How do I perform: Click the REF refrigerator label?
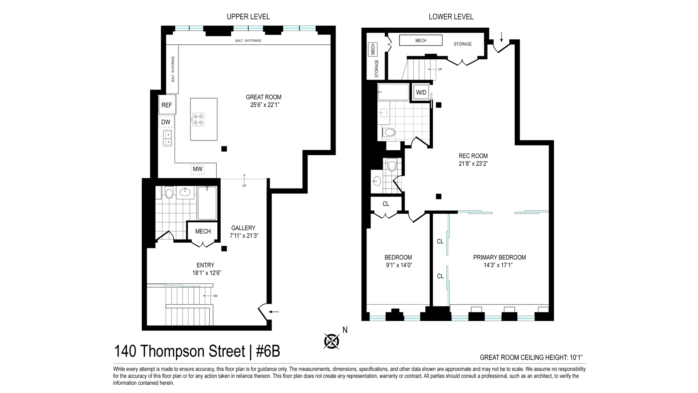(x=167, y=105)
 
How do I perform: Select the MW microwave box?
(x=197, y=169)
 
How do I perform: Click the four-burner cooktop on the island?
(x=198, y=120)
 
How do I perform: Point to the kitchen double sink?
(x=168, y=138)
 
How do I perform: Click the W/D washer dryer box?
(x=421, y=92)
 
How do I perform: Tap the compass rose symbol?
(x=332, y=341)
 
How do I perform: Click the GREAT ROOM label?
(x=264, y=97)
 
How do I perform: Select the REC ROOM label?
(x=473, y=156)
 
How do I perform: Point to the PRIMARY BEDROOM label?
(x=500, y=257)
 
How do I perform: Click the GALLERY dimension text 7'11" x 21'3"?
(x=244, y=235)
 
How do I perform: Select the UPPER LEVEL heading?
(x=248, y=17)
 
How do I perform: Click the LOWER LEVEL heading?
(x=451, y=17)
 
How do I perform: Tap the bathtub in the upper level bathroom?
(x=207, y=203)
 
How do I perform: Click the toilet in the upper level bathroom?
(x=169, y=192)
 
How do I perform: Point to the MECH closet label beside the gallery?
(x=203, y=231)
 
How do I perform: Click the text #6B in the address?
(x=268, y=352)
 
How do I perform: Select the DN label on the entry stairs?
(x=215, y=296)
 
